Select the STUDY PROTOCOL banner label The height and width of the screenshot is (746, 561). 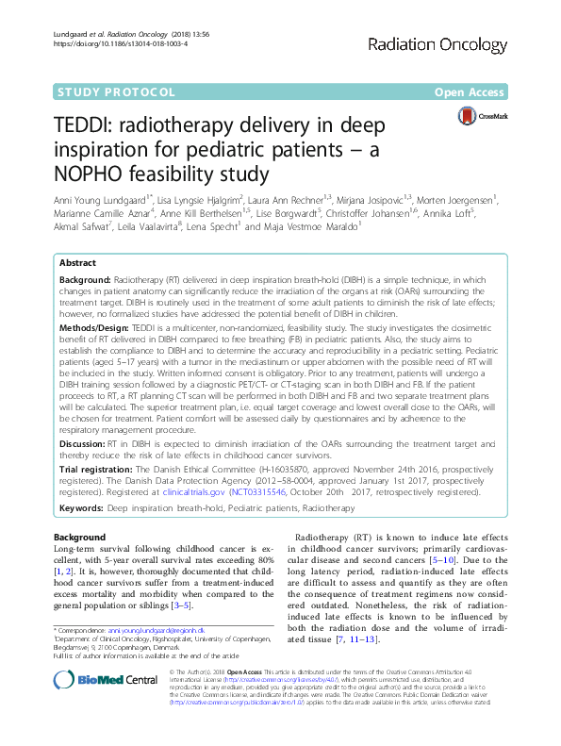(113, 91)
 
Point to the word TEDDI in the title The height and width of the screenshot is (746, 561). (81, 127)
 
